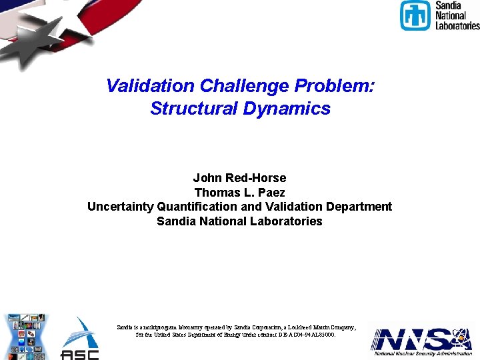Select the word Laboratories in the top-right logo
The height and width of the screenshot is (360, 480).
point(457,25)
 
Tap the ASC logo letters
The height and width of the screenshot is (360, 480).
point(79,353)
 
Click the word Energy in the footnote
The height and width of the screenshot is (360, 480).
point(223,335)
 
